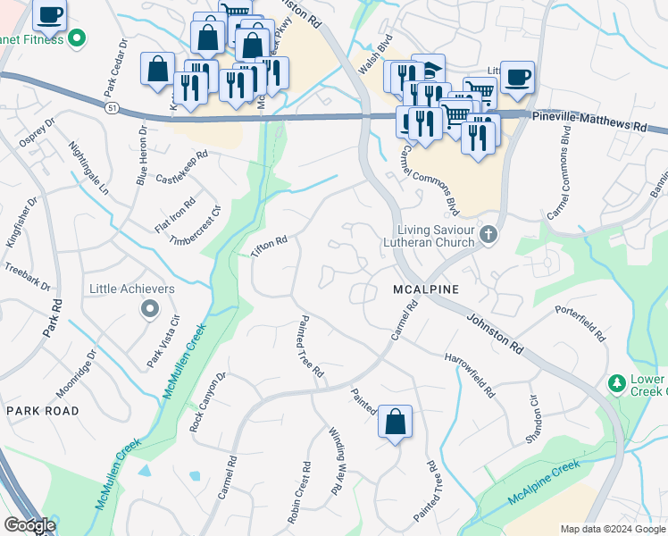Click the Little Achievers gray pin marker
[149, 309]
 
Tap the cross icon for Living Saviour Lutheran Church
[488, 235]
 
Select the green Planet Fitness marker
[77, 38]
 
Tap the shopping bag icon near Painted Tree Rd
[395, 422]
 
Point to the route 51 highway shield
[112, 107]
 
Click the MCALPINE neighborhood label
[426, 289]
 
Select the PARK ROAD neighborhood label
[42, 410]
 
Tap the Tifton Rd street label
[269, 247]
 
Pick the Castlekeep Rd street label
[181, 165]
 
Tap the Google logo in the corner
[29, 525]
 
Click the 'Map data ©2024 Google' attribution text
[612, 529]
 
